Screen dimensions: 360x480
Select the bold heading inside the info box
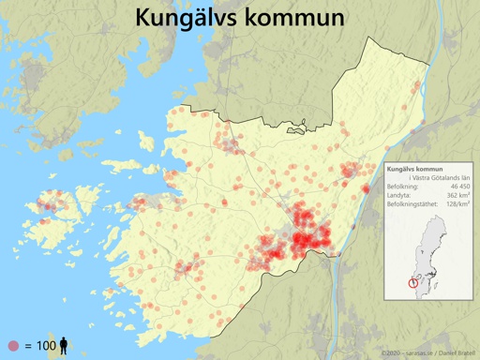tap(415, 169)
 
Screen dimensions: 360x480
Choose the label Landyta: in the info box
tap(401, 197)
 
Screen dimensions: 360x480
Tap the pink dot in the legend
tap(12, 346)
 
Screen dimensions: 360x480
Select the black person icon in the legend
tap(64, 346)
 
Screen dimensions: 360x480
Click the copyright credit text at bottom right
tap(427, 353)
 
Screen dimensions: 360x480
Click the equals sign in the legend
tap(27, 346)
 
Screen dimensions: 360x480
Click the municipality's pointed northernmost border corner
tap(367, 38)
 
